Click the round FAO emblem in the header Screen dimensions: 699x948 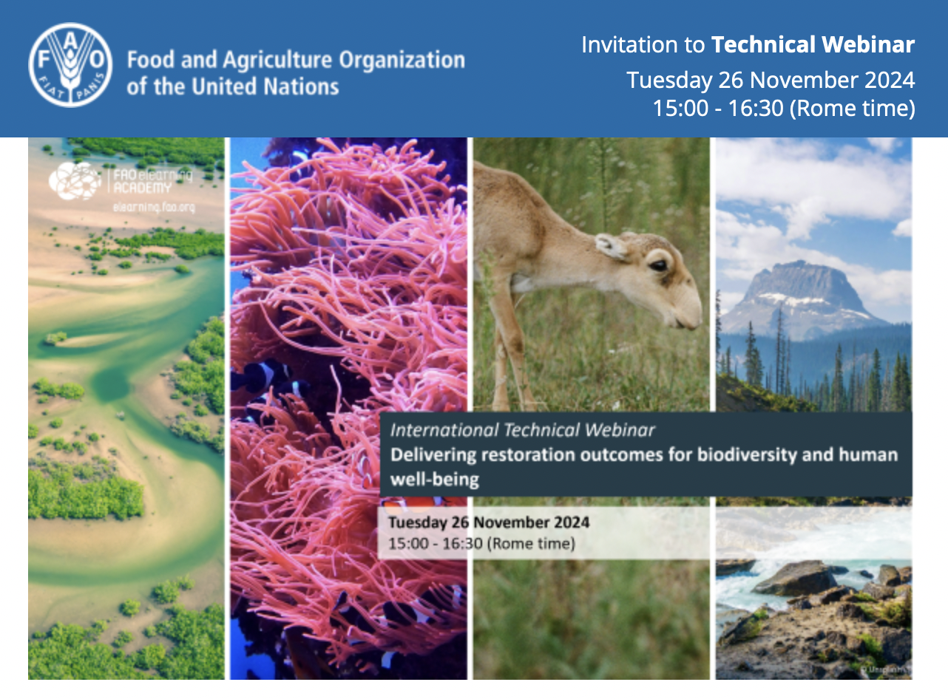70,65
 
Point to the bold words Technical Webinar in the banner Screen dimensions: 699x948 813,45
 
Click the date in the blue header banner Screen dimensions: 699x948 771,79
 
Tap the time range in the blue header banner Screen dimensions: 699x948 783,109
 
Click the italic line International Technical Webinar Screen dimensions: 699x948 522,430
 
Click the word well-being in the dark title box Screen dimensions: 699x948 434,480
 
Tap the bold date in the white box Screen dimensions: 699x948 489,522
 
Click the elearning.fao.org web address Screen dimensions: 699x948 154,208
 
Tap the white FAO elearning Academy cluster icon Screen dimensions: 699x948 75,180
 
